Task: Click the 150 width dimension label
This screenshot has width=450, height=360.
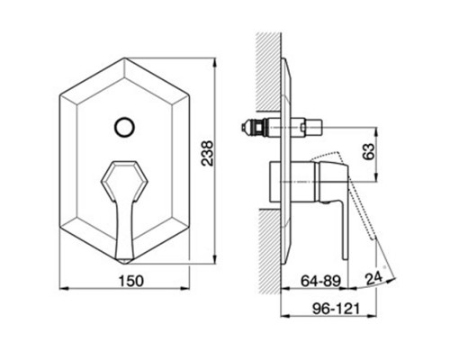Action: point(131,281)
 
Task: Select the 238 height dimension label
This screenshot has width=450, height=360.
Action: point(207,153)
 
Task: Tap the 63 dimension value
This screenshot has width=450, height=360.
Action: point(369,151)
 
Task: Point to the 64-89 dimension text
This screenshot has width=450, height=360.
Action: point(320,281)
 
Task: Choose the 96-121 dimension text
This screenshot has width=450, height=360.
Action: point(336,309)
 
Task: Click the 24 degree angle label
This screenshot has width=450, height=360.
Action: point(373,278)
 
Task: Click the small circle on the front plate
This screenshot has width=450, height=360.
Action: point(124,127)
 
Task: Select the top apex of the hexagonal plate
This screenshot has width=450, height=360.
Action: point(125,58)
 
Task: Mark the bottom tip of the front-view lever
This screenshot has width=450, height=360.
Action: point(124,263)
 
